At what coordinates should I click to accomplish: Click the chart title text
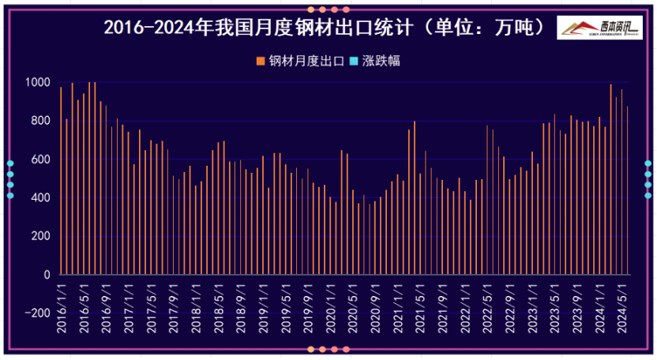click(x=324, y=27)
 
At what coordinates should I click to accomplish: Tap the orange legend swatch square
click(x=261, y=61)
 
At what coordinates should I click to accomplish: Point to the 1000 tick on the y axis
click(x=37, y=82)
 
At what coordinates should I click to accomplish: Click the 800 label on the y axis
click(x=40, y=121)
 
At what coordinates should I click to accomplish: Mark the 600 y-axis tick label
click(x=40, y=159)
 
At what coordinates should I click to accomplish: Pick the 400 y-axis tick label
click(x=40, y=197)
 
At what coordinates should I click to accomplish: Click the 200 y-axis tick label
click(x=40, y=236)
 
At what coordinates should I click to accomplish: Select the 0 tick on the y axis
click(x=47, y=275)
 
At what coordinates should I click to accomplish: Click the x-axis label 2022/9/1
click(x=510, y=302)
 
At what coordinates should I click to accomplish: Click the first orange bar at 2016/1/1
click(x=61, y=182)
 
